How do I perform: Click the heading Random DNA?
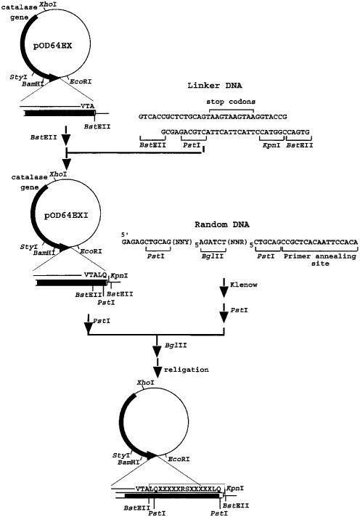tap(221, 226)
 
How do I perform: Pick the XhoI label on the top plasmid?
tap(56, 4)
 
